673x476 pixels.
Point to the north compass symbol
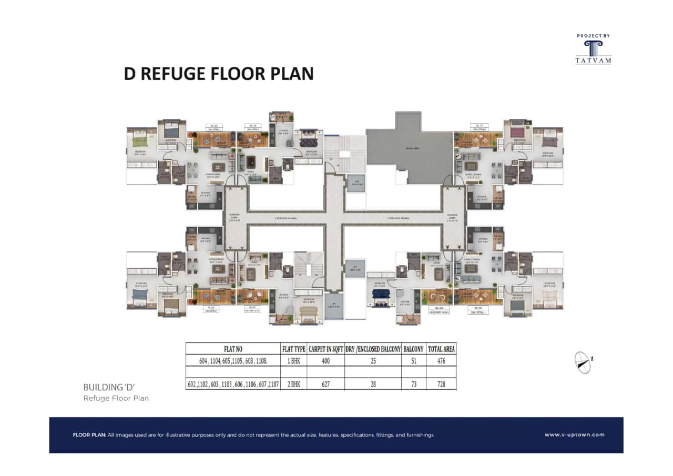[x=583, y=362]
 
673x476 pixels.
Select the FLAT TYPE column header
[x=293, y=348]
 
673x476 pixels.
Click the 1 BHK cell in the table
[x=293, y=361]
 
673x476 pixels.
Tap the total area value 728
[x=442, y=384]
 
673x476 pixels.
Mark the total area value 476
[x=442, y=361]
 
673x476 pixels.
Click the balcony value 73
[x=414, y=384]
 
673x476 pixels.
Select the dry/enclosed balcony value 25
[x=373, y=361]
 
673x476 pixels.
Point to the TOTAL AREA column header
[x=442, y=348]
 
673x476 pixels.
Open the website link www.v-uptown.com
[x=574, y=435]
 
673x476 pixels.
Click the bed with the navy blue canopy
[x=381, y=298]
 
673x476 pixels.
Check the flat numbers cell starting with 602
[x=233, y=384]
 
